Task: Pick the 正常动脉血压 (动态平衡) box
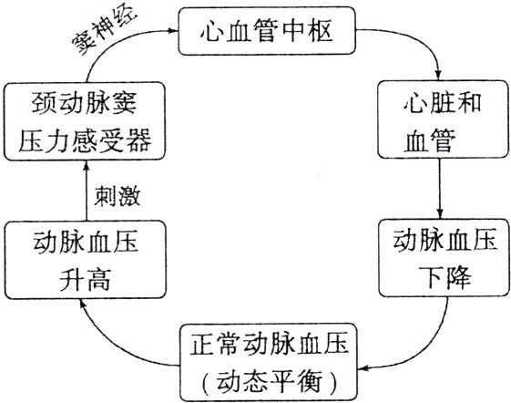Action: [265, 360]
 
